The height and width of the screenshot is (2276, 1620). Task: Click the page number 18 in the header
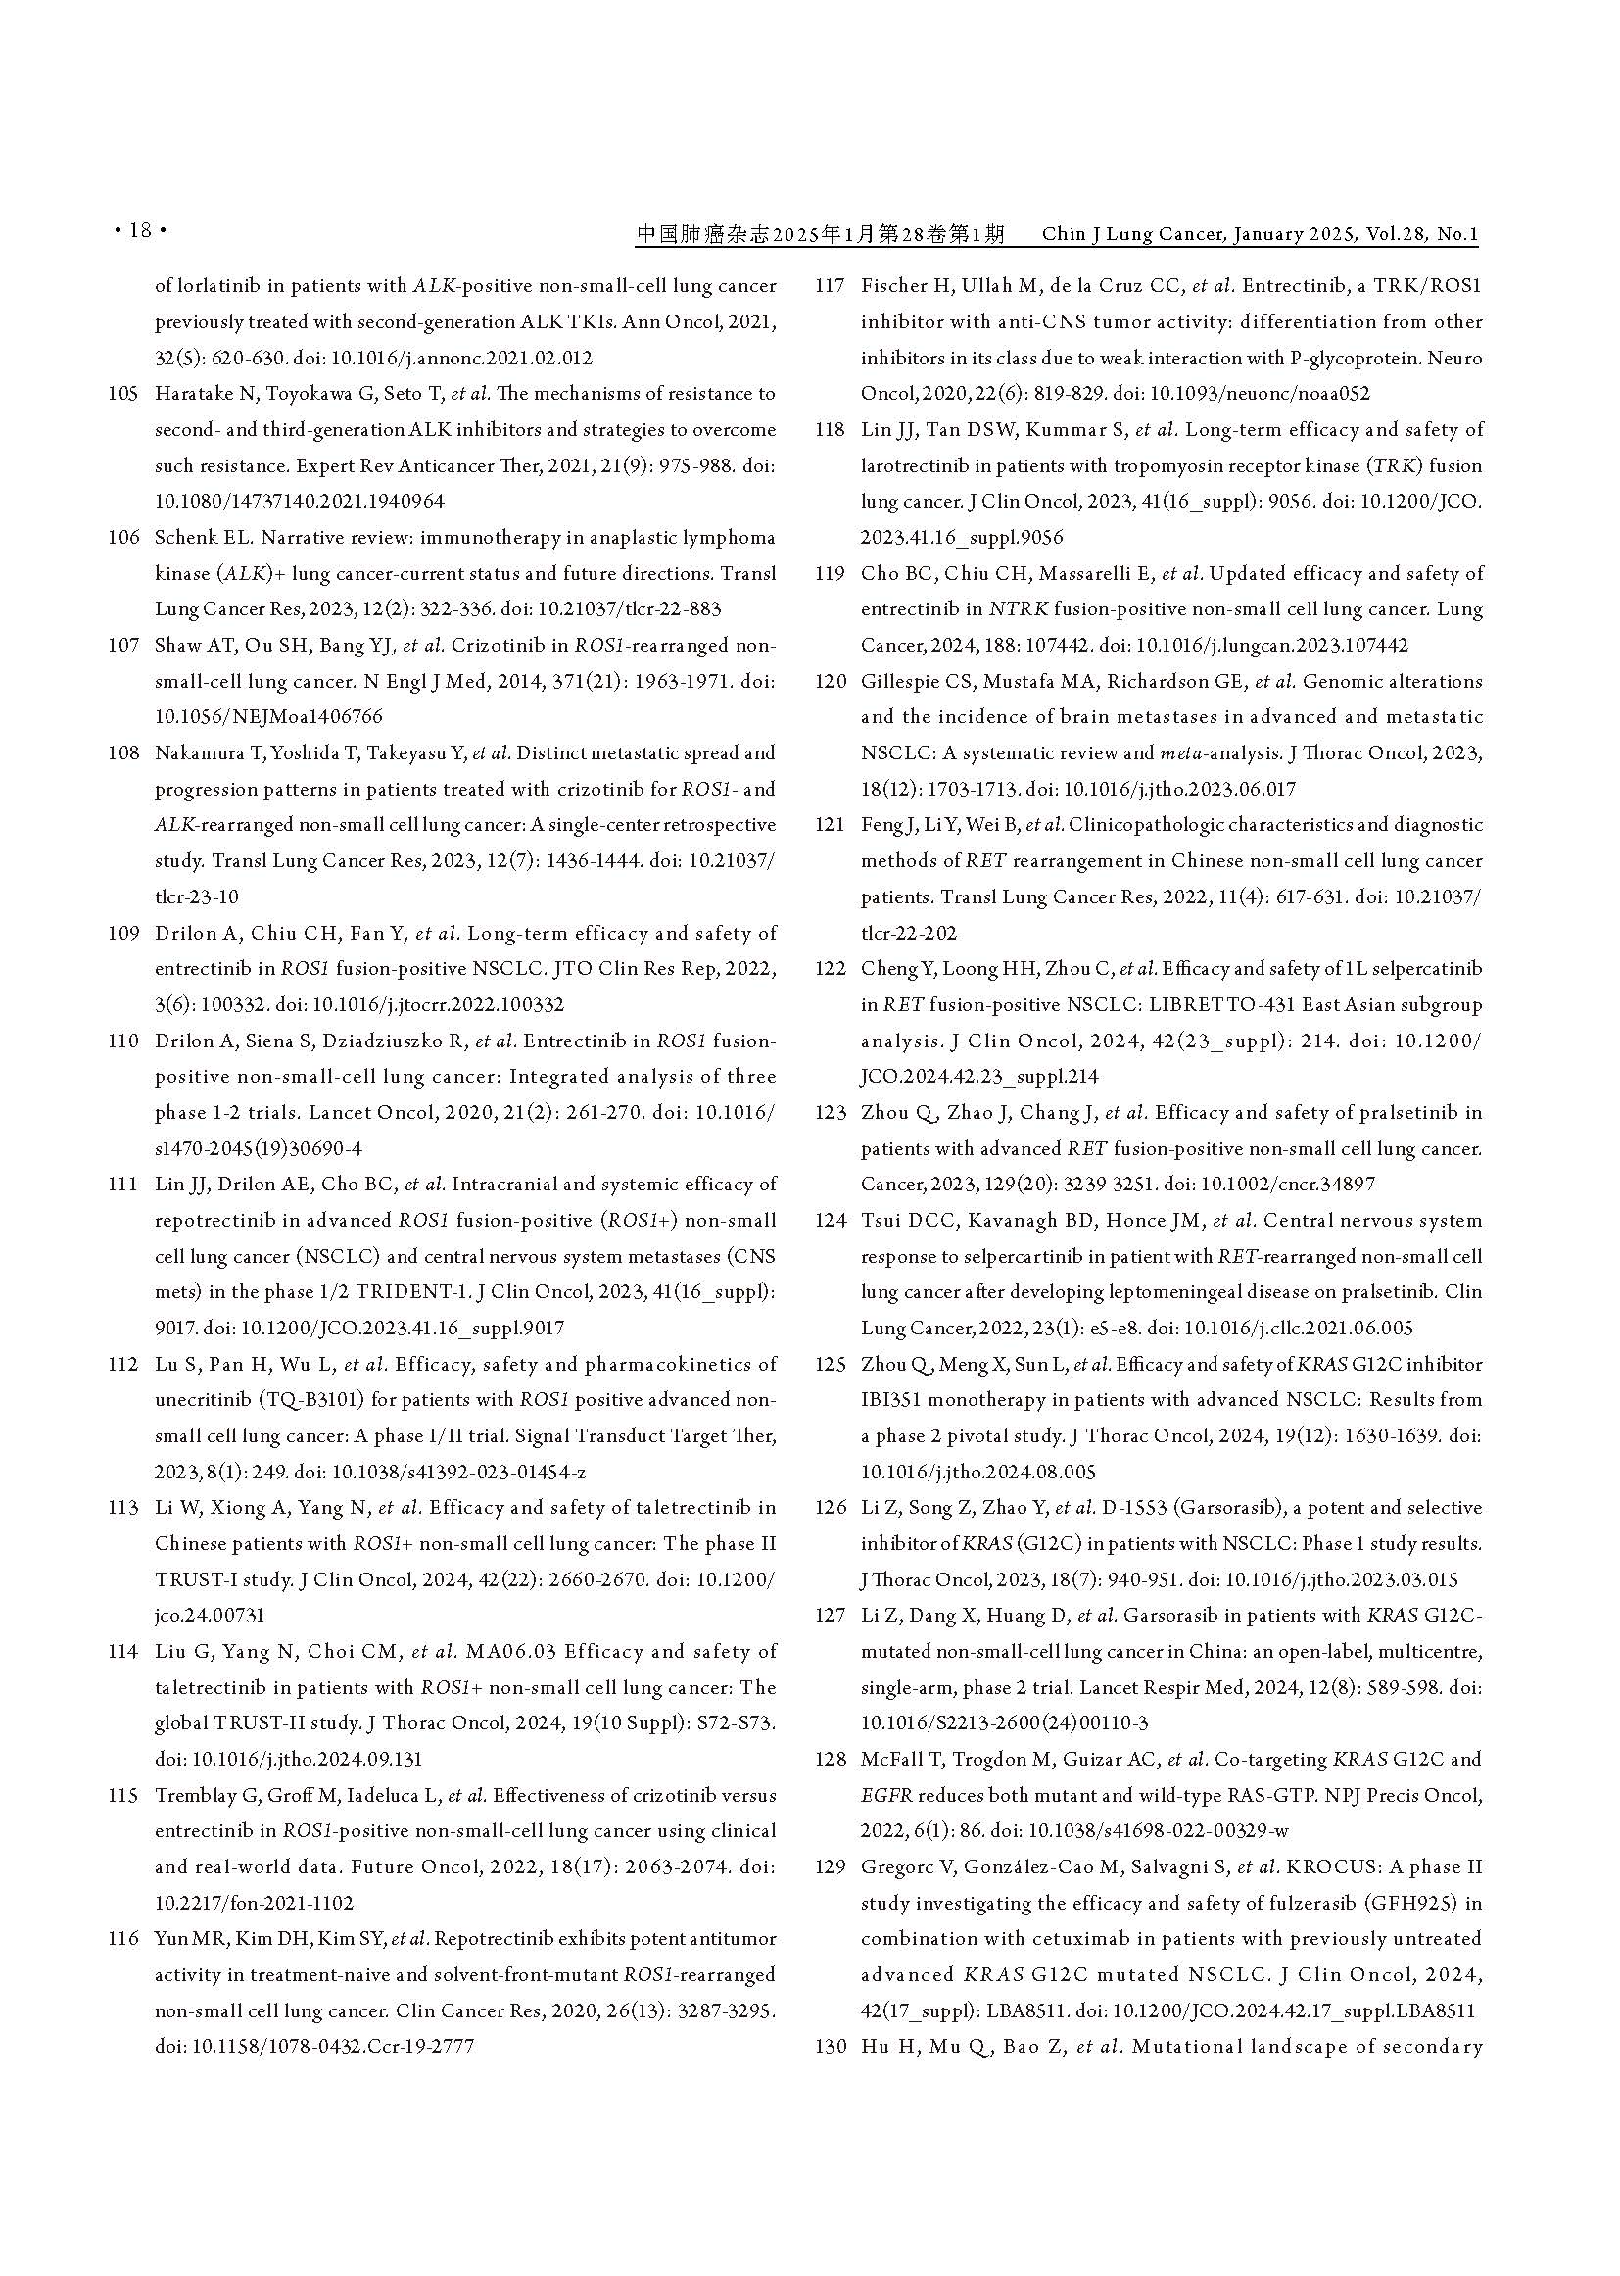pyautogui.click(x=140, y=231)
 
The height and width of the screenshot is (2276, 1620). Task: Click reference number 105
pyautogui.click(x=123, y=394)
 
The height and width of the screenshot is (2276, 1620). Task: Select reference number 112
pyautogui.click(x=123, y=1364)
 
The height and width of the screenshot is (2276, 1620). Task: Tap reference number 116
pyautogui.click(x=123, y=1939)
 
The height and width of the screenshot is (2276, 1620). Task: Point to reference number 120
pyautogui.click(x=830, y=682)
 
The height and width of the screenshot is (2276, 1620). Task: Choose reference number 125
pyautogui.click(x=830, y=1364)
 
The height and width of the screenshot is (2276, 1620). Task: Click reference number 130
pyautogui.click(x=830, y=2047)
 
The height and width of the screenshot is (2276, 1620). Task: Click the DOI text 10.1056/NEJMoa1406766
pyautogui.click(x=269, y=717)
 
